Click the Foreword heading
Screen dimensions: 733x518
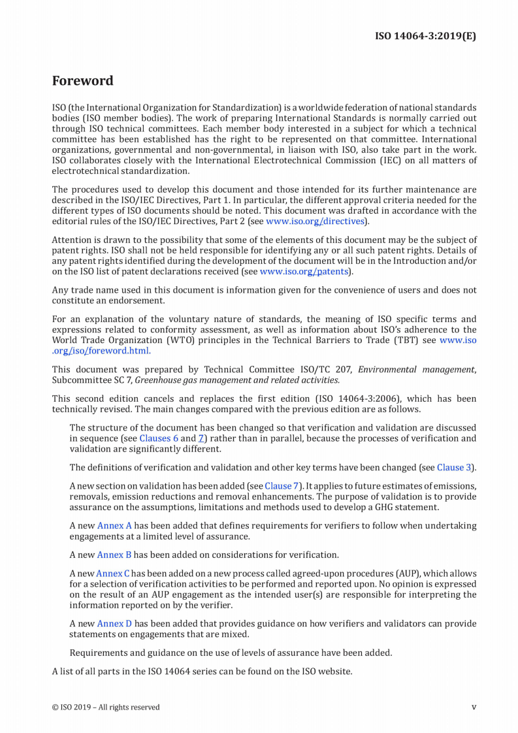82,81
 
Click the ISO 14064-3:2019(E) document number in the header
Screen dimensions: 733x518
425,35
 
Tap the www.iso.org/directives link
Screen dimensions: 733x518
315,221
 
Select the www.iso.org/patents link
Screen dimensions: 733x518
304,271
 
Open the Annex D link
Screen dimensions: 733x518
114,624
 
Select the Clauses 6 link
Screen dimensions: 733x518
159,438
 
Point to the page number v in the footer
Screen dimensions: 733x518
474,707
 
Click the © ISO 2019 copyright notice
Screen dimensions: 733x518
105,707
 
